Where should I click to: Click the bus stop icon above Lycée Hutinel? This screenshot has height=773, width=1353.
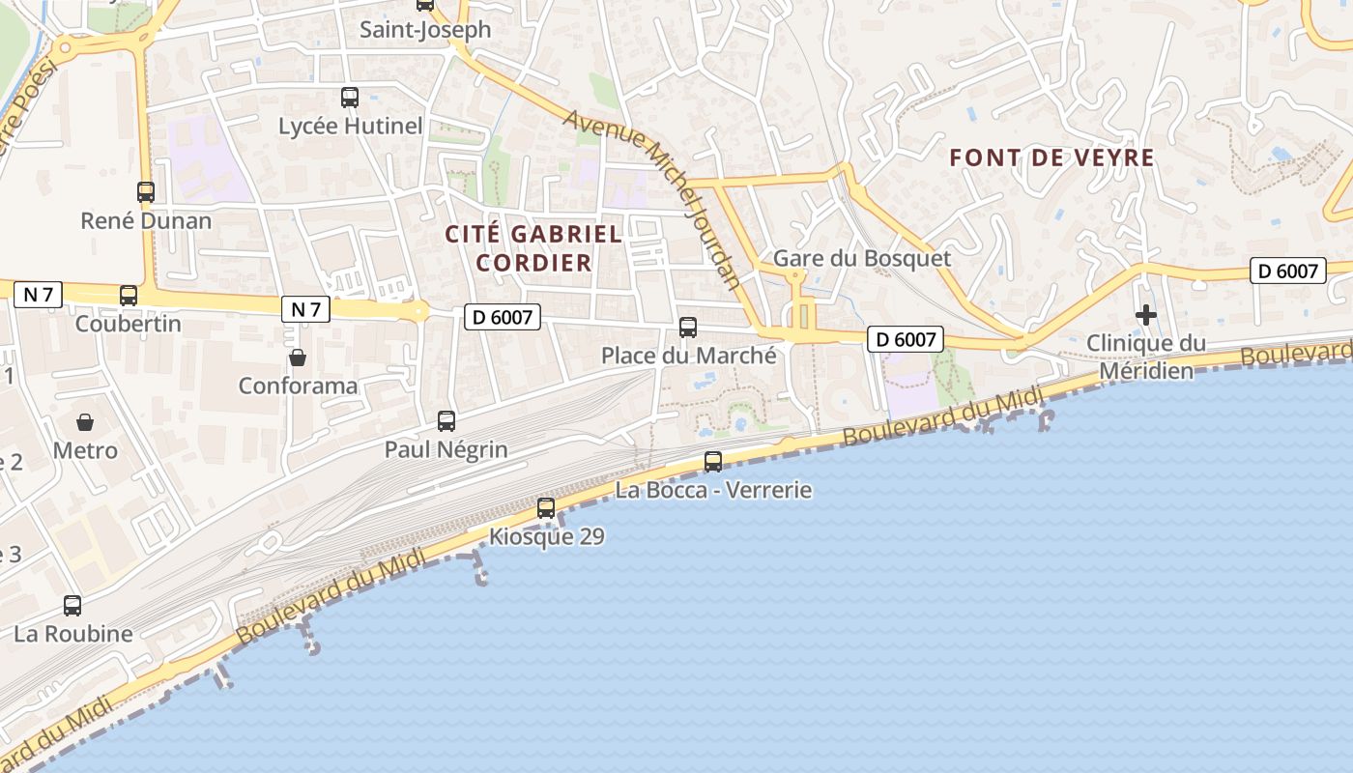(x=350, y=98)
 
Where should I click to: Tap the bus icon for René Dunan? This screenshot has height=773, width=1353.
(x=146, y=192)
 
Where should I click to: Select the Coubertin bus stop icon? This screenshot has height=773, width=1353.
(x=129, y=296)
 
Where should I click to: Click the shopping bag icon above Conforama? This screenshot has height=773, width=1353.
(x=298, y=358)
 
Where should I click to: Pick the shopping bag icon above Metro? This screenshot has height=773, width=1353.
(x=85, y=422)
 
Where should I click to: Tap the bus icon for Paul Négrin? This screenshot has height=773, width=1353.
(x=446, y=421)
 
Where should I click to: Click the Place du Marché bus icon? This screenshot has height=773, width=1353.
(x=688, y=328)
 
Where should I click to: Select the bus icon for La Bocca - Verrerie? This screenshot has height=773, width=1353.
(x=713, y=462)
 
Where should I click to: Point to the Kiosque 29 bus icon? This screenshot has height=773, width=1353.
(x=546, y=508)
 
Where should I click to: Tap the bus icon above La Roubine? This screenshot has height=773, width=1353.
(x=72, y=606)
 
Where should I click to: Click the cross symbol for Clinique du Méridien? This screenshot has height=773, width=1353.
(x=1146, y=315)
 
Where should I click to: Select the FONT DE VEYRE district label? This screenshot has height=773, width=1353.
(x=1052, y=157)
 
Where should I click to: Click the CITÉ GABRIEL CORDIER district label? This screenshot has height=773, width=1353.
(x=533, y=248)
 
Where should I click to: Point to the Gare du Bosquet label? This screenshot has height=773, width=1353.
(x=862, y=259)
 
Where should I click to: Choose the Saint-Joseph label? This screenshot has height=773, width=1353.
(x=425, y=30)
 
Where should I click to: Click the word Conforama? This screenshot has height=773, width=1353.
(x=298, y=386)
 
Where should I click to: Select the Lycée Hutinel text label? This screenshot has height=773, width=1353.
(x=351, y=127)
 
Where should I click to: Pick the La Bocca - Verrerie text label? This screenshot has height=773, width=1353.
(x=713, y=491)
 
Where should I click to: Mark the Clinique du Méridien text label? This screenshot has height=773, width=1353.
(x=1146, y=357)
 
